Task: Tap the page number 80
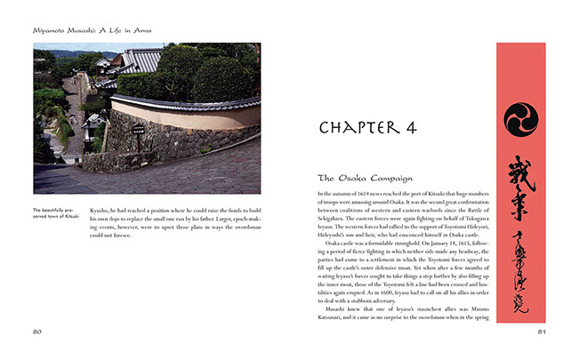[37, 331]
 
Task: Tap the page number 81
[542, 331]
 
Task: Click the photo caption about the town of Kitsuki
[57, 214]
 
